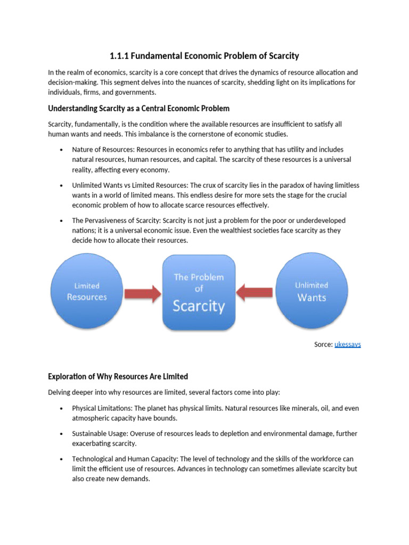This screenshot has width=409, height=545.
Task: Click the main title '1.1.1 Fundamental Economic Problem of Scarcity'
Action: pyautogui.click(x=204, y=56)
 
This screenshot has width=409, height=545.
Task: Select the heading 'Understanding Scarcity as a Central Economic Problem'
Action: pyautogui.click(x=138, y=109)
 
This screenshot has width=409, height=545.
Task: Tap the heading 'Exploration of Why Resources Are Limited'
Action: pyautogui.click(x=118, y=376)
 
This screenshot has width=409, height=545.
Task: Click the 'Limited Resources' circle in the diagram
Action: pyautogui.click(x=87, y=291)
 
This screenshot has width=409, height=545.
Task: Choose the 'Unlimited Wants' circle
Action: pyautogui.click(x=312, y=291)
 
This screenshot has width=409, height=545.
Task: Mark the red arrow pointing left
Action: pyautogui.click(x=255, y=292)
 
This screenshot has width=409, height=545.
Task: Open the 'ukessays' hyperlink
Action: pyautogui.click(x=347, y=344)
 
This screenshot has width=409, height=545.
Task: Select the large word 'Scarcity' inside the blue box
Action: pyautogui.click(x=199, y=306)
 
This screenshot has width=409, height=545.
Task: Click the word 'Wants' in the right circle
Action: pyautogui.click(x=312, y=298)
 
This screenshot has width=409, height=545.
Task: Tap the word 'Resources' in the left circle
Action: pyautogui.click(x=87, y=297)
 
